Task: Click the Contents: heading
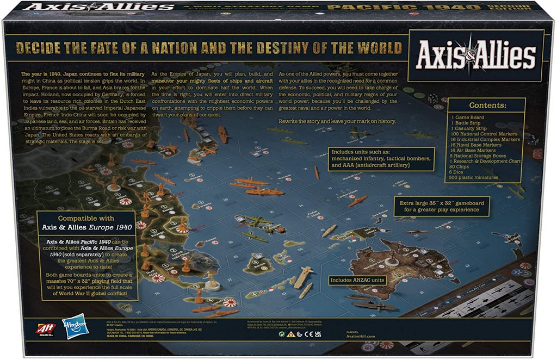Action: [x=487, y=105]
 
